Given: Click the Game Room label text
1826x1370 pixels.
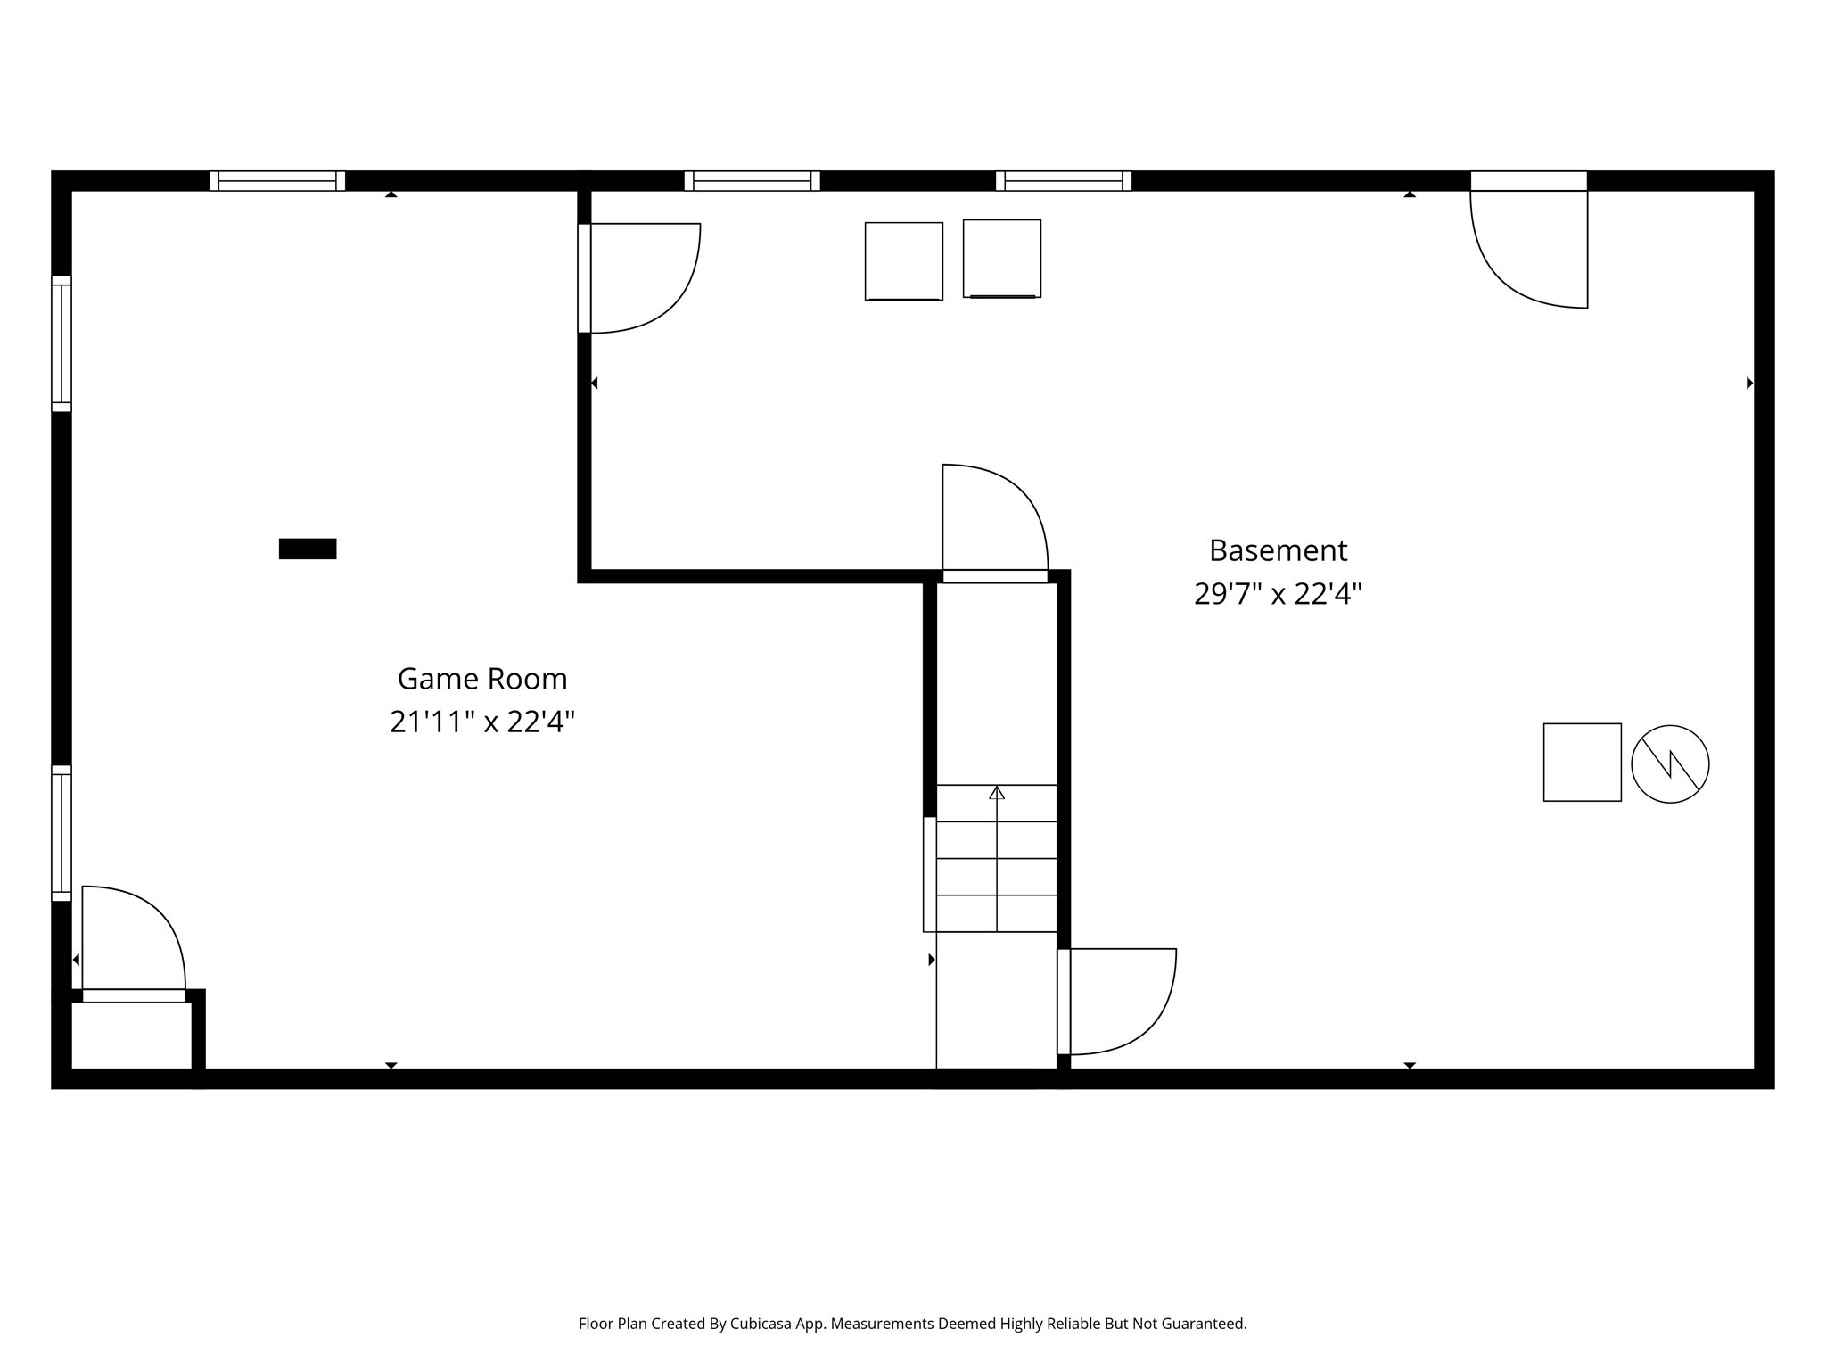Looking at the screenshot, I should pyautogui.click(x=482, y=679).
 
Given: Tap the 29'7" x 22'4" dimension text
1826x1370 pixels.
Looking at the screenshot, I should pyautogui.click(x=1278, y=594).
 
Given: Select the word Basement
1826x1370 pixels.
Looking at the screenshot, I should pyautogui.click(x=1278, y=550).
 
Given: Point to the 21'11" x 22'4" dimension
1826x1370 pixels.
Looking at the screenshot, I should pyautogui.click(x=482, y=722).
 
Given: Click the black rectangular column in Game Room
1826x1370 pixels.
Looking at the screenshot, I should pyautogui.click(x=308, y=549).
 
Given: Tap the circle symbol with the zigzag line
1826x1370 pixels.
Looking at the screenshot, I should pyautogui.click(x=1670, y=763).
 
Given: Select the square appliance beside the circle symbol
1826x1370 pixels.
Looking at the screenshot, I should pyautogui.click(x=1582, y=763).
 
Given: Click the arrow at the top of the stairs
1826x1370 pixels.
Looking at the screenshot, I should pyautogui.click(x=997, y=793).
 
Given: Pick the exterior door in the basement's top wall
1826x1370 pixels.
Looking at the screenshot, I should pyautogui.click(x=1528, y=241).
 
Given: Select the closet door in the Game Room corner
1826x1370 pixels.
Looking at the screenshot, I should pyautogui.click(x=134, y=941).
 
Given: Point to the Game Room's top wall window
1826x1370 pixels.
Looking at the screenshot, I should pyautogui.click(x=277, y=181).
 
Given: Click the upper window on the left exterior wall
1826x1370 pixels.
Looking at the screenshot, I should pyautogui.click(x=61, y=343).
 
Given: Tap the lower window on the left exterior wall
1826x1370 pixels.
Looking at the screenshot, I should pyautogui.click(x=61, y=833).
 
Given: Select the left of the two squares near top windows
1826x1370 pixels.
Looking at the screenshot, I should pyautogui.click(x=903, y=261).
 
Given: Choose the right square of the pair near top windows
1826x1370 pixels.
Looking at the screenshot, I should pyautogui.click(x=1001, y=259).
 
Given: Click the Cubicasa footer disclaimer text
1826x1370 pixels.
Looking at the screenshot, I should pyautogui.click(x=912, y=1324).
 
